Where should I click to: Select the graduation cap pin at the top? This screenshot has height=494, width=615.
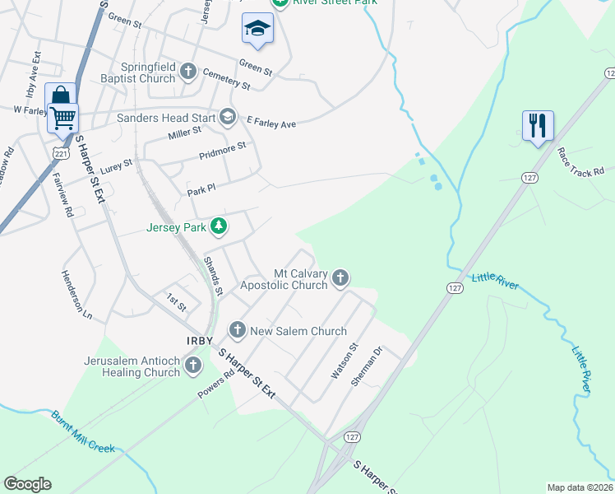pyautogui.click(x=257, y=30)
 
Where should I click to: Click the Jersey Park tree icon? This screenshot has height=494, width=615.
pyautogui.click(x=218, y=226)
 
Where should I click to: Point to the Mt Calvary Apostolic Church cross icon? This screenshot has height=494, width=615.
pyautogui.click(x=340, y=280)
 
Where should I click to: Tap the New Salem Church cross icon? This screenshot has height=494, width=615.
pyautogui.click(x=238, y=331)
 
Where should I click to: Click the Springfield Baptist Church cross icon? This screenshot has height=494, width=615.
pyautogui.click(x=188, y=72)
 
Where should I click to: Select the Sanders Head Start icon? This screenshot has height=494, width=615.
pyautogui.click(x=229, y=118)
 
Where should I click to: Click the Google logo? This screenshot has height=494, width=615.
pyautogui.click(x=27, y=484)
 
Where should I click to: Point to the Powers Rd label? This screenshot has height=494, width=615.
pyautogui.click(x=216, y=383)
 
